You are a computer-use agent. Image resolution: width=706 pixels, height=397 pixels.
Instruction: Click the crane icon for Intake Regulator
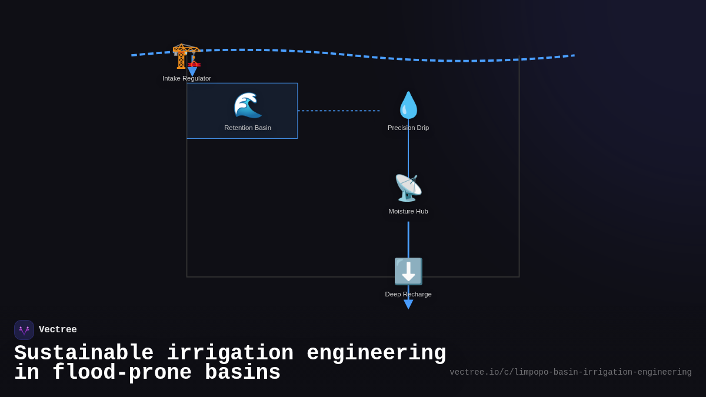coord(185,56)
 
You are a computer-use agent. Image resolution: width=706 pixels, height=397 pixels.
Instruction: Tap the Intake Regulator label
coord(187,78)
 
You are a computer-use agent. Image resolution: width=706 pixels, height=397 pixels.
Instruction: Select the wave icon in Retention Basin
coord(247,105)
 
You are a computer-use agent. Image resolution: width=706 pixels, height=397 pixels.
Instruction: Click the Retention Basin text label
coord(248,128)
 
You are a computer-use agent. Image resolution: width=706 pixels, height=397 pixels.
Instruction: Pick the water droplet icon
coord(408,105)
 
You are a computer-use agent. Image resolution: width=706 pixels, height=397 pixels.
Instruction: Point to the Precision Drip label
coord(408,128)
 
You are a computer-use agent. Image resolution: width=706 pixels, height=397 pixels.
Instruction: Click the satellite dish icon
coord(408,188)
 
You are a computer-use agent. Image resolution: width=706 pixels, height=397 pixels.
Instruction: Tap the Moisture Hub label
coord(408,211)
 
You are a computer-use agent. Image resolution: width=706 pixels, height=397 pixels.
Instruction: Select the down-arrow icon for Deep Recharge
coord(408,271)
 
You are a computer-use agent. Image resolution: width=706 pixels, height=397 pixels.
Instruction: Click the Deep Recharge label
coord(408,294)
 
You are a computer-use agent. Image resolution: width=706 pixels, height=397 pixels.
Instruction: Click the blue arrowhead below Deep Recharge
coord(408,304)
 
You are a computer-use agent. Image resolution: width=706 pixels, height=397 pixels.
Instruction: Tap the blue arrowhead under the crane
coord(192,72)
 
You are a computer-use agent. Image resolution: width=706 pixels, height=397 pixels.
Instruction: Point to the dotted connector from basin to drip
coord(338,111)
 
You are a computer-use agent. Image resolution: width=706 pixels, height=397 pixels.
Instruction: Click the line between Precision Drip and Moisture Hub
coord(408,153)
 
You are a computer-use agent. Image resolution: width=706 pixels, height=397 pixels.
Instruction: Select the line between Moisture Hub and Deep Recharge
coord(408,238)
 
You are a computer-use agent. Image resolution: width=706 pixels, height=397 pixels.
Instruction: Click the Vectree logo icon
coord(24,330)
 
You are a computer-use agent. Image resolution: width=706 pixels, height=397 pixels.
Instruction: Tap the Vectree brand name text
coord(58,330)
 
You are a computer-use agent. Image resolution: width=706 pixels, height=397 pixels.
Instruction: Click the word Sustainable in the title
coord(84,353)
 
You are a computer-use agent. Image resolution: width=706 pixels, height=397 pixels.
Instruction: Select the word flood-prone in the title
coord(122,373)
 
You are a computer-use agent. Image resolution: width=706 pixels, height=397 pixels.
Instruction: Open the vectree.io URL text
coord(570,372)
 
